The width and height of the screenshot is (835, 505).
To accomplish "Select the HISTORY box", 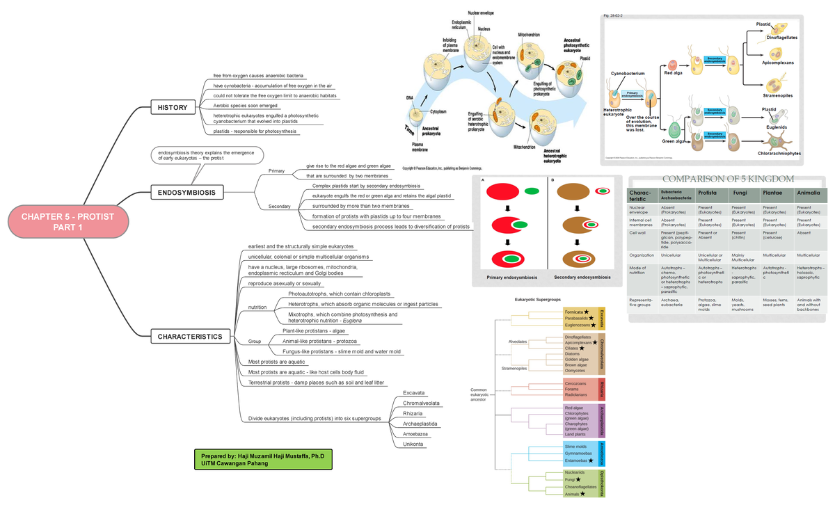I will click(172, 108).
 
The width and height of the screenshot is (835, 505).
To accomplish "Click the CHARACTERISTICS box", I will click(189, 337).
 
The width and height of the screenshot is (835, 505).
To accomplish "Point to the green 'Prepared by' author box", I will click(262, 459).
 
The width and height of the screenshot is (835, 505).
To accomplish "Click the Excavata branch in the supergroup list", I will click(413, 392).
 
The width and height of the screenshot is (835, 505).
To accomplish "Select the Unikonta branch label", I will click(413, 444).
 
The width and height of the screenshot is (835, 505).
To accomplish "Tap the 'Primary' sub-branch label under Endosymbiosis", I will click(276, 170).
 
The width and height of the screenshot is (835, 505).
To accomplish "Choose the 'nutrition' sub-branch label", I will click(257, 307).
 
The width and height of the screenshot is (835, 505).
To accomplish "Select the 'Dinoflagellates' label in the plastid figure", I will click(781, 38).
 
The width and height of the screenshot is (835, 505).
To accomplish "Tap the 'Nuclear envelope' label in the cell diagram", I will click(482, 13).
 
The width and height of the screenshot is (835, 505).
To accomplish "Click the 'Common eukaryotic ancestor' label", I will click(479, 394).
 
